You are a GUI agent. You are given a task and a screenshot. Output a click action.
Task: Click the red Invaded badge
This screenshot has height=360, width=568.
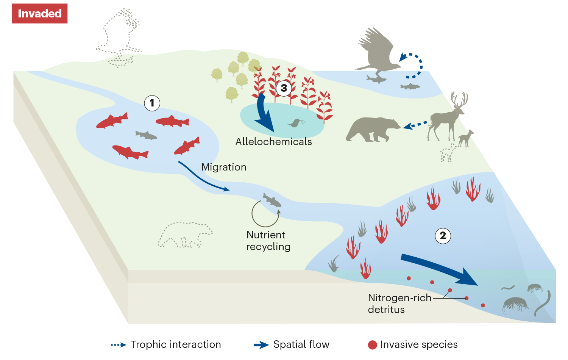pos(40,14)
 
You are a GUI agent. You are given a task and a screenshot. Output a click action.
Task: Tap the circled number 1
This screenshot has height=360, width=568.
pos(152,103)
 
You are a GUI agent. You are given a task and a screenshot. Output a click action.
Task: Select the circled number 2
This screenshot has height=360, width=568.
pos(443,236)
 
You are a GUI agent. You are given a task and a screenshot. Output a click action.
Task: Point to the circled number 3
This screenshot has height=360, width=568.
pos(284,88)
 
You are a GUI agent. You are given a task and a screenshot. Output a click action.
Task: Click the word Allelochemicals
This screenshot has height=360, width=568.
pos(273,142)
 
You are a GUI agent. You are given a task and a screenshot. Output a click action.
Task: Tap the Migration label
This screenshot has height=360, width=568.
pos(224,167)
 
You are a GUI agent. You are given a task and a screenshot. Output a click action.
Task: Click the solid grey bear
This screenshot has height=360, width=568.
pos(372,129)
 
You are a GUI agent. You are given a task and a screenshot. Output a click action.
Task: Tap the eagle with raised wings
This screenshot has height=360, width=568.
pos(377,51)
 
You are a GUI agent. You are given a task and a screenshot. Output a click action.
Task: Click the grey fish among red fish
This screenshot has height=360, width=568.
pos(146,135)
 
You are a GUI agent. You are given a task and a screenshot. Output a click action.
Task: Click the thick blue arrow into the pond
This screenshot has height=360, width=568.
pos(263,113)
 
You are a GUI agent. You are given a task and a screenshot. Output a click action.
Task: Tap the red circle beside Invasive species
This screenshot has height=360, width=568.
pos(373,345)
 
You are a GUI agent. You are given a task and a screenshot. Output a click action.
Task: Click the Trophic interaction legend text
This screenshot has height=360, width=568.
pos(176,344)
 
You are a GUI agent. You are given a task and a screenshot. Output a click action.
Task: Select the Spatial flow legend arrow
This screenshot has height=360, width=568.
pos(261,345)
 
